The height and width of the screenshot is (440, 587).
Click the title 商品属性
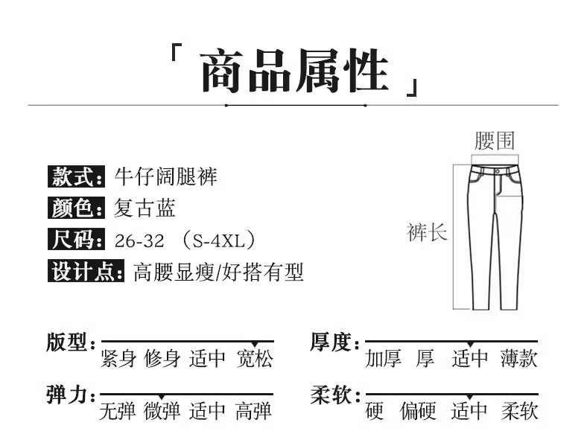point(294,72)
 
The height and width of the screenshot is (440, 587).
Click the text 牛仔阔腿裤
point(166,177)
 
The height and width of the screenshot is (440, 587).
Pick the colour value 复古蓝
point(145,208)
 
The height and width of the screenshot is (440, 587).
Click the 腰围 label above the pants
point(494,141)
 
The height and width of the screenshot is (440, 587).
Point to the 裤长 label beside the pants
point(427,232)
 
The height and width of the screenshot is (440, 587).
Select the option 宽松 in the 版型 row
point(255,360)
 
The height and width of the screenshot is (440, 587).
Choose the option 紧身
point(118,360)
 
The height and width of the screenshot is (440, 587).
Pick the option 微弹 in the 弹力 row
point(162,410)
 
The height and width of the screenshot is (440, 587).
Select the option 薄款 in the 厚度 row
point(519,360)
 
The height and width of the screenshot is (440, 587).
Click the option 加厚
point(383,360)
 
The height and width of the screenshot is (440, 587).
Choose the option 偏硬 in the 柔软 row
point(418,410)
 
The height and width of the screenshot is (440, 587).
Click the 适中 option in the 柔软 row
point(469,410)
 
